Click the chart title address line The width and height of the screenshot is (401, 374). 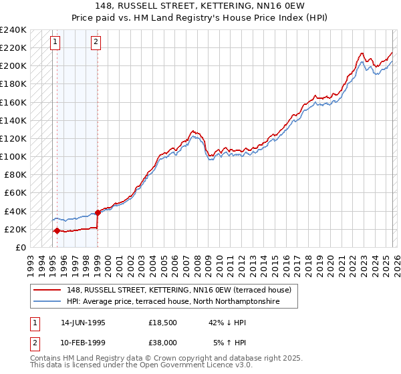pyautogui.click(x=200, y=6)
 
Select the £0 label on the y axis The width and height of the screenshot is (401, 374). pyautogui.click(x=20, y=247)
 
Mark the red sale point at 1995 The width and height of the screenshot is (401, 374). pyautogui.click(x=57, y=230)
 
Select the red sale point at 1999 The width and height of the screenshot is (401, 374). pyautogui.click(x=98, y=212)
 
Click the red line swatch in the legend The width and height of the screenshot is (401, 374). pyautogui.click(x=48, y=291)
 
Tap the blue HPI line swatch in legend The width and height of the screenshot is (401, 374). pyautogui.click(x=48, y=302)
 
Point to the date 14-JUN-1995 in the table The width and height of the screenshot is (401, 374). pyautogui.click(x=83, y=323)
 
